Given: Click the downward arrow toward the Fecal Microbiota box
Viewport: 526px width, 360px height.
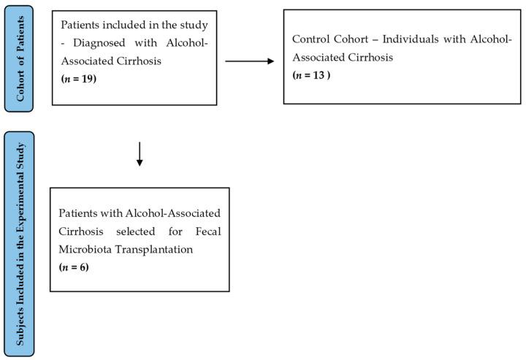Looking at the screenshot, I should click(140, 153).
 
